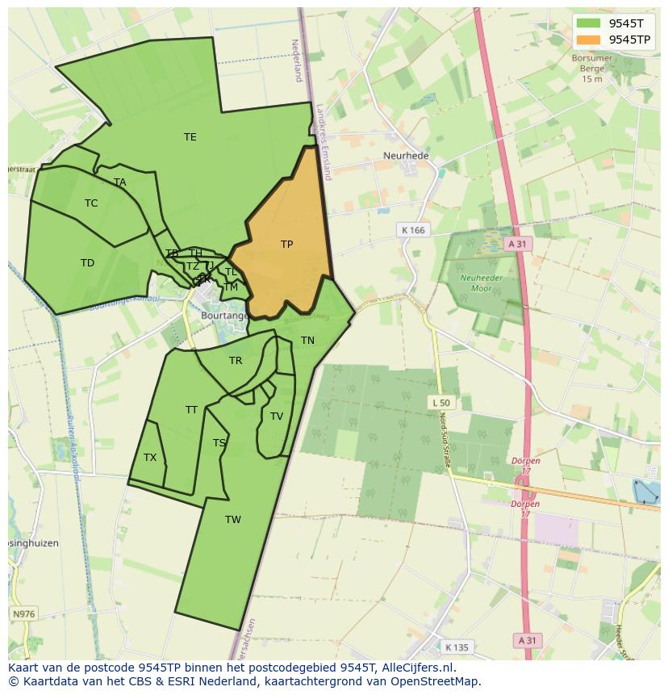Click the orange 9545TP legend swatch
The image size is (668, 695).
click(x=589, y=40)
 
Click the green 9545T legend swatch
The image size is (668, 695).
click(x=589, y=23)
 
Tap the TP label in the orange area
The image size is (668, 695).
click(x=286, y=245)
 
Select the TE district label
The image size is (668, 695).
click(x=190, y=137)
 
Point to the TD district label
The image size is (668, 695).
click(x=87, y=263)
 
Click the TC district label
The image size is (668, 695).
click(x=91, y=203)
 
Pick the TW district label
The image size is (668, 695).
click(x=233, y=520)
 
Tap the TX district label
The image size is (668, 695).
click(x=150, y=458)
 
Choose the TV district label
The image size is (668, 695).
click(x=277, y=417)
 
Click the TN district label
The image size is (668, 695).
click(x=307, y=341)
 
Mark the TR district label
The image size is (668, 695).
click(x=236, y=361)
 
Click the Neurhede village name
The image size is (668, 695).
click(x=406, y=156)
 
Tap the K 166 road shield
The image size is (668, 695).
click(x=412, y=231)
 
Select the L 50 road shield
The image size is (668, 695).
click(x=440, y=402)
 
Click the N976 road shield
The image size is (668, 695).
click(x=23, y=614)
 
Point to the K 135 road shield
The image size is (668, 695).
click(x=457, y=647)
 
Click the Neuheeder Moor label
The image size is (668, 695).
click(x=475, y=283)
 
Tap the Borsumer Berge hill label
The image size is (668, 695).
click(x=591, y=69)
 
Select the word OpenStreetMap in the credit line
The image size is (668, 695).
click(x=437, y=681)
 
